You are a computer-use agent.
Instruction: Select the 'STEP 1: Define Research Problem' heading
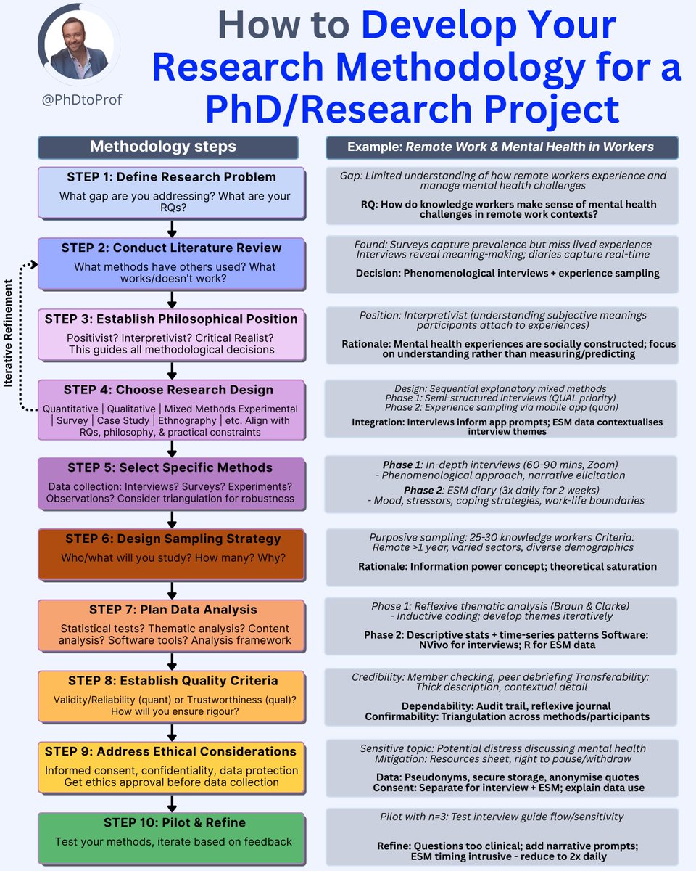pyautogui.click(x=171, y=177)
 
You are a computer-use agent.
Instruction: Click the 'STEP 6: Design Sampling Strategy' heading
pyautogui.click(x=173, y=539)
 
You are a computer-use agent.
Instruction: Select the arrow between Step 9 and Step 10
pyautogui.click(x=172, y=801)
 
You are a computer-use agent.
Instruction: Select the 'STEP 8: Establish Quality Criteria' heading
pyautogui.click(x=173, y=681)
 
